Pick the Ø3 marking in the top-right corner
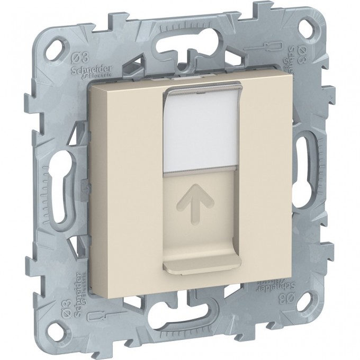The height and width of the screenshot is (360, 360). click(x=300, y=52)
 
